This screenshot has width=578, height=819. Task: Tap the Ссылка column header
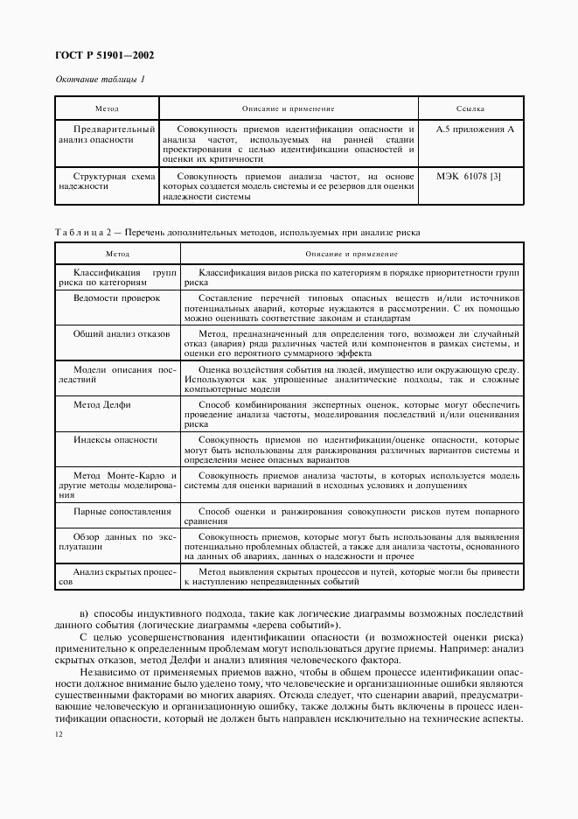coord(470,109)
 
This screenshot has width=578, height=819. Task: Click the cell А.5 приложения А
coord(475,129)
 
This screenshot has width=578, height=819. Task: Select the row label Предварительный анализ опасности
coord(107,134)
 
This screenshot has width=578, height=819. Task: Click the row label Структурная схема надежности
coord(107,180)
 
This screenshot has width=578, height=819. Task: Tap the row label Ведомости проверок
coord(116,297)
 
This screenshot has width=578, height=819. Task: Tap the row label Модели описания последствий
coord(117,374)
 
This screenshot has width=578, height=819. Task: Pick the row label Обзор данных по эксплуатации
coord(117,541)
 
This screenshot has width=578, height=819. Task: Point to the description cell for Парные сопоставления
coord(352,515)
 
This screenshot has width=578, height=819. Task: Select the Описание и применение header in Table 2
coord(351,254)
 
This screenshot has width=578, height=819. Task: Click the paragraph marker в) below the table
coord(84,612)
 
